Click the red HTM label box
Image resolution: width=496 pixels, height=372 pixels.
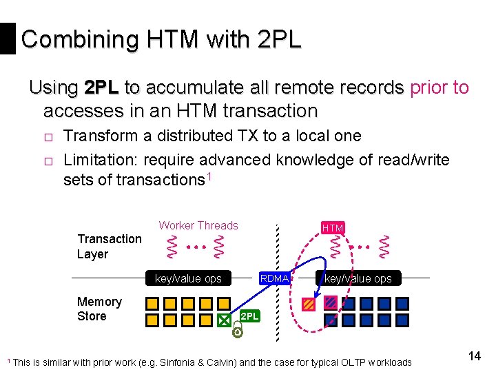[333, 228]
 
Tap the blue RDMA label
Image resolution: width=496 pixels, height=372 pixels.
[274, 278]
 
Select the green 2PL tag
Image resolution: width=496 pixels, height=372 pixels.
[250, 316]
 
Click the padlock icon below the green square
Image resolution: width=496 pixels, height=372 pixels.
[236, 331]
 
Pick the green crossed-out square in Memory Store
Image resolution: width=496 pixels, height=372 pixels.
[224, 320]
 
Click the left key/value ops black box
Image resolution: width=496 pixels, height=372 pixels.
[188, 278]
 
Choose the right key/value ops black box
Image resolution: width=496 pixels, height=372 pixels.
[358, 278]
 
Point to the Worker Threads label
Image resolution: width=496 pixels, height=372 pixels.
[198, 225]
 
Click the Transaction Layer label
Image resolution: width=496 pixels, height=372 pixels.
[109, 247]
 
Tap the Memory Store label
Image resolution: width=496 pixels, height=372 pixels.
[99, 309]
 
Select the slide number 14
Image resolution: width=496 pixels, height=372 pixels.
[474, 355]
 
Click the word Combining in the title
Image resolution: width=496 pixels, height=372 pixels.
[70, 39]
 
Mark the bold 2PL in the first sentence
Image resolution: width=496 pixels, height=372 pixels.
[101, 88]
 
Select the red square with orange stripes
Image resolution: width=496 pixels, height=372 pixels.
[309, 304]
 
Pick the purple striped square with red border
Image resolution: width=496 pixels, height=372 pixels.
[331, 302]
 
